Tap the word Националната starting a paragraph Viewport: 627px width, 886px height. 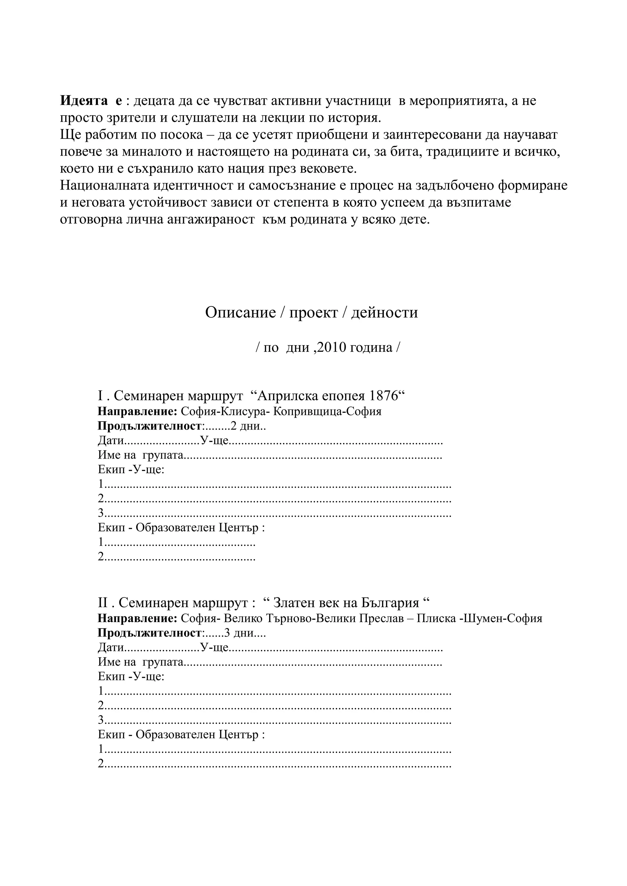tap(105, 186)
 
